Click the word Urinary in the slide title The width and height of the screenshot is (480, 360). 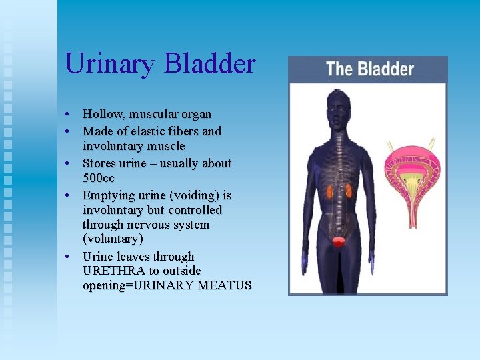point(110,64)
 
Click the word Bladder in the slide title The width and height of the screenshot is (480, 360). point(209,64)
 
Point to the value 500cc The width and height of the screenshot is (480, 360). point(99,178)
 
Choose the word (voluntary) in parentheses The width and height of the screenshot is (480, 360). point(113,239)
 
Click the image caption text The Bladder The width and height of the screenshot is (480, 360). point(369,69)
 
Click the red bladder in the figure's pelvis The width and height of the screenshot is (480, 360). point(339,242)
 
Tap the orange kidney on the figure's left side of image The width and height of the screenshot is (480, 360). point(329,193)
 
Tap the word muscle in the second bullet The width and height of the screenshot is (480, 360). point(167,146)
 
